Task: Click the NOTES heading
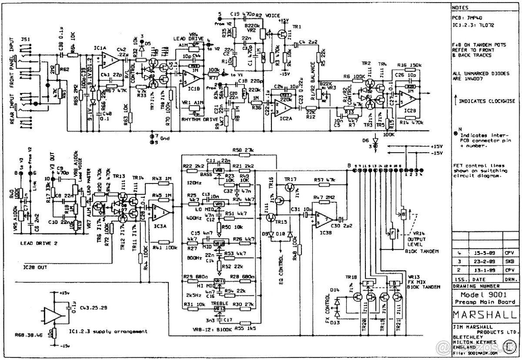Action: pyautogui.click(x=460, y=8)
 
